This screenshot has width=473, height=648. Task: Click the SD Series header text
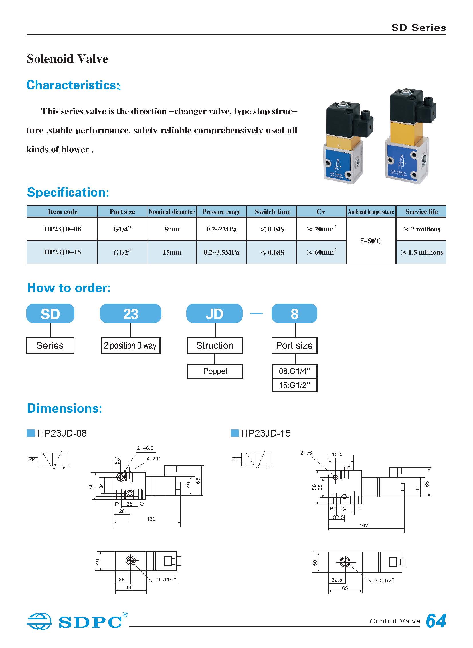click(x=418, y=28)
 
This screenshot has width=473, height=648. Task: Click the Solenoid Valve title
click(x=68, y=59)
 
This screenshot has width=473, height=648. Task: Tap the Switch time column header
click(x=272, y=212)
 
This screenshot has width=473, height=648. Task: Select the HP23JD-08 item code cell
click(x=62, y=229)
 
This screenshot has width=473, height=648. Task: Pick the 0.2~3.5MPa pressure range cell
click(x=221, y=252)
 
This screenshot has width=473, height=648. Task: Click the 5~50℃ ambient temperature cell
click(x=371, y=241)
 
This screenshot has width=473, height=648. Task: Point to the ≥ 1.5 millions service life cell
click(x=422, y=252)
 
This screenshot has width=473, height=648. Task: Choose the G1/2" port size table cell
click(x=122, y=252)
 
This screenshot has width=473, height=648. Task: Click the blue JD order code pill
click(x=214, y=313)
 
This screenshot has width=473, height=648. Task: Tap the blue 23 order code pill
click(x=130, y=313)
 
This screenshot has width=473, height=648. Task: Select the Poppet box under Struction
click(x=215, y=371)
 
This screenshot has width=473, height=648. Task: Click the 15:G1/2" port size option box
click(x=294, y=385)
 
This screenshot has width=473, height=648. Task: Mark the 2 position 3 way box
click(x=130, y=346)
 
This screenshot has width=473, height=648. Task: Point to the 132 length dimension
click(x=151, y=519)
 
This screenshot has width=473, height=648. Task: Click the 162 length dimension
click(x=363, y=525)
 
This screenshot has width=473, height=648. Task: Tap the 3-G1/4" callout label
click(x=167, y=579)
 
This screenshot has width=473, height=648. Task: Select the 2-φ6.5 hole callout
click(x=145, y=448)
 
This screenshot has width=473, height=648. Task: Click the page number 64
click(x=436, y=621)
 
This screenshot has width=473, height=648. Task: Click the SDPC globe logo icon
click(x=39, y=621)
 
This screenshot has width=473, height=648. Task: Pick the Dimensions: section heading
click(x=64, y=408)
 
